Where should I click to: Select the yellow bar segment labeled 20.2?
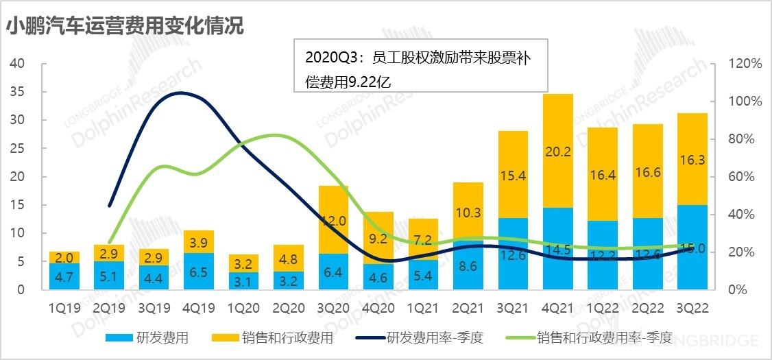[558, 151]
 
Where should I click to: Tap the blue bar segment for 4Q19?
[199, 272]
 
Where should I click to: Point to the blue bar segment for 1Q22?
[603, 255]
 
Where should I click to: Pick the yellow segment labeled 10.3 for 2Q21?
[468, 212]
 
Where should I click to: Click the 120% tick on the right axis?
[743, 64]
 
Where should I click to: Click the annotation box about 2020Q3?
[420, 69]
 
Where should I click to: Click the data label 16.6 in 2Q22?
[647, 171]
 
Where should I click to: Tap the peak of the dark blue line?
[180, 93]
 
